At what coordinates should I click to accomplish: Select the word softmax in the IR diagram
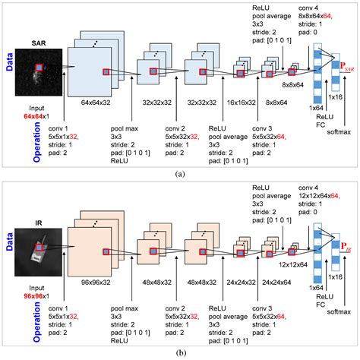(x=339, y=311)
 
